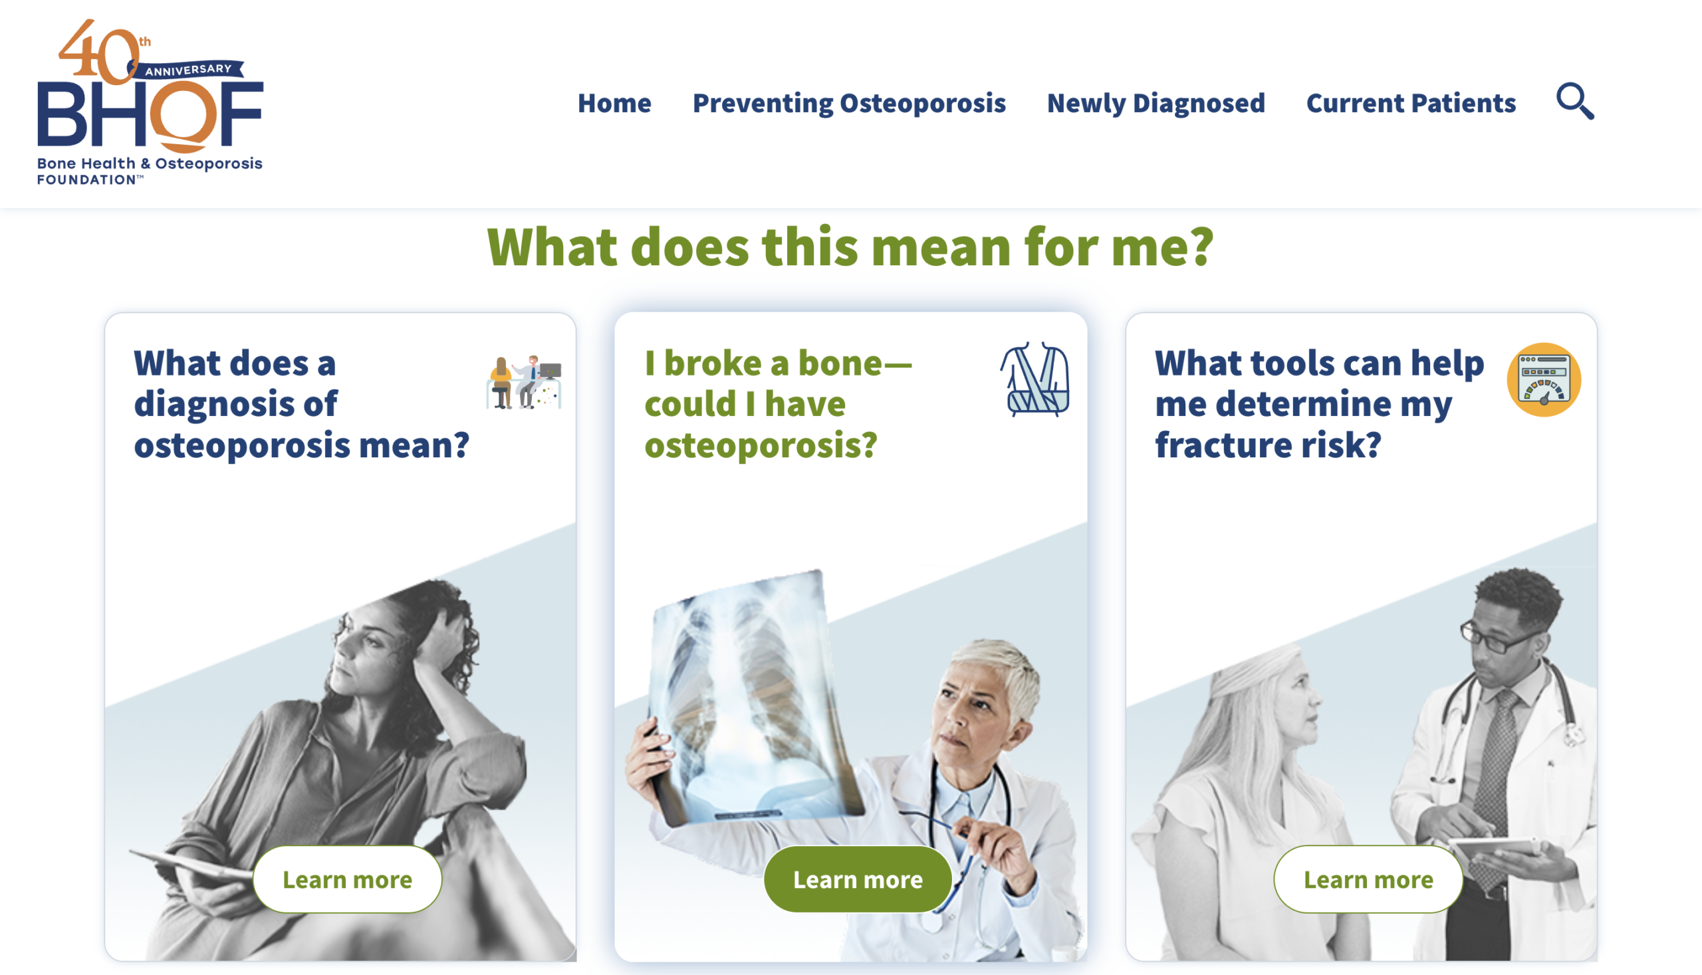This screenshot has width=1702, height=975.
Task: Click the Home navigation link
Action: tap(614, 103)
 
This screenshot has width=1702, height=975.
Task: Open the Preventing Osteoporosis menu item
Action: tap(848, 104)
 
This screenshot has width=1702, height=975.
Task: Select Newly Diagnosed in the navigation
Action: tap(1155, 104)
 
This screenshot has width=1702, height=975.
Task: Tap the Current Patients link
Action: tap(1411, 103)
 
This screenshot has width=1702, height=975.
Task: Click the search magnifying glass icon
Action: tap(1575, 101)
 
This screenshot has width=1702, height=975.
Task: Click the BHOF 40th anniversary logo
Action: tap(150, 102)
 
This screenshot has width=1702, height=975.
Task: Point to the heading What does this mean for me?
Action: tap(850, 247)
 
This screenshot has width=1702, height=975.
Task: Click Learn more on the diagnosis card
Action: tap(347, 879)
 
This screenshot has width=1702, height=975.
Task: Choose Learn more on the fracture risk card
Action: tap(1368, 879)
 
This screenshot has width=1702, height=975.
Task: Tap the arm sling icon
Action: tap(1035, 379)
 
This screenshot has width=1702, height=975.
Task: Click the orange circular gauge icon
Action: tap(1544, 379)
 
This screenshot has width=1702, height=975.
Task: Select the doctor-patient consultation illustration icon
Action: tap(524, 381)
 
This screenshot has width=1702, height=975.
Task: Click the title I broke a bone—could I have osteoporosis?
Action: tap(779, 405)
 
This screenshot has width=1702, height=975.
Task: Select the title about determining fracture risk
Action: tap(1320, 405)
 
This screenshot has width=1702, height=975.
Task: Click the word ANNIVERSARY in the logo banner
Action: tap(188, 70)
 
